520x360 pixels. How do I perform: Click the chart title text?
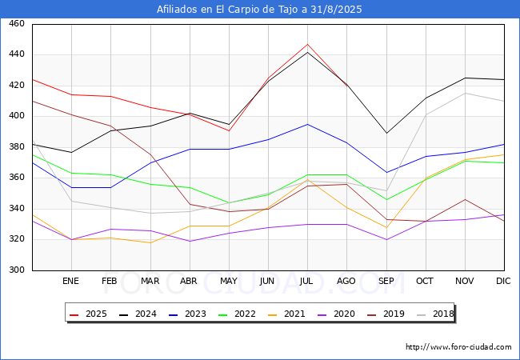(x=259, y=10)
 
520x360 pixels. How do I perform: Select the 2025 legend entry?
(x=88, y=314)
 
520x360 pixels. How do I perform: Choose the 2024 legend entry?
(x=138, y=314)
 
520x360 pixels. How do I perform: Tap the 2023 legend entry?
(x=187, y=314)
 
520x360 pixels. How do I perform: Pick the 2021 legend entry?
(x=286, y=314)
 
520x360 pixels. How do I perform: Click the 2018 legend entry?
(x=435, y=314)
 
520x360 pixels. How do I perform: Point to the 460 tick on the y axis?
(x=17, y=23)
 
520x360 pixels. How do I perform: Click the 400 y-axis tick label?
(x=17, y=116)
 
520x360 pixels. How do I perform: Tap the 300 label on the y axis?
(x=17, y=270)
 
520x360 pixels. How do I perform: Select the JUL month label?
(x=306, y=281)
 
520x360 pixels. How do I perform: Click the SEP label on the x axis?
(x=386, y=281)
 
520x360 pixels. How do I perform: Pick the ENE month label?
(x=70, y=281)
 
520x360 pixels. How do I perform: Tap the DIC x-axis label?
(x=503, y=281)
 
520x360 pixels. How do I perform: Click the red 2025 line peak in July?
(x=307, y=44)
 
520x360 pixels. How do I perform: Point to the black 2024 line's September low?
(x=386, y=134)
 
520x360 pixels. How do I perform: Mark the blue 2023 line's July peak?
(x=307, y=124)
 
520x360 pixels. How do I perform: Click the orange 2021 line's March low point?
(x=150, y=242)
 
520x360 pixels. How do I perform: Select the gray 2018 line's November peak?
(x=465, y=93)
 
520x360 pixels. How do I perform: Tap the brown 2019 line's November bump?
(x=465, y=199)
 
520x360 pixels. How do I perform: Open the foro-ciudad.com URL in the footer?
(x=458, y=347)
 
